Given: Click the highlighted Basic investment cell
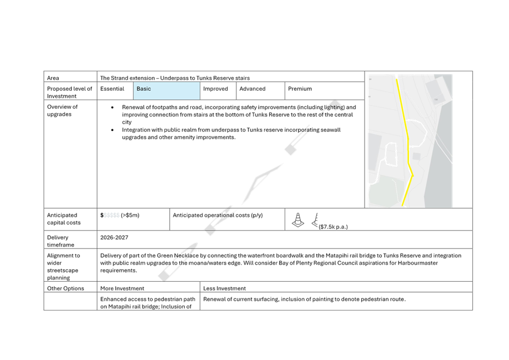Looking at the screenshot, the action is click(x=167, y=91).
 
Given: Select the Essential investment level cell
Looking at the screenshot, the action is click(x=115, y=91).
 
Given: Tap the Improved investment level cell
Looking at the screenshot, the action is click(x=218, y=91).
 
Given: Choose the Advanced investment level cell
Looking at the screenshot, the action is click(x=261, y=91).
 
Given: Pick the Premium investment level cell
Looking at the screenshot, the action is click(x=324, y=91).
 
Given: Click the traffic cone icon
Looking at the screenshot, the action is click(x=298, y=220).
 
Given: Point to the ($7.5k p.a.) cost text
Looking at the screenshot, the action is click(x=333, y=227).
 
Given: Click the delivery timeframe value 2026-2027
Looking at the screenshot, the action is click(x=114, y=238).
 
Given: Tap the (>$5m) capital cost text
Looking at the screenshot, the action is click(x=130, y=215).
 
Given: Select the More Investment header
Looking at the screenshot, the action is click(x=122, y=288).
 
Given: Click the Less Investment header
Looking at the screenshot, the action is click(x=224, y=288).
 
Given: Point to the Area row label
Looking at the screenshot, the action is click(x=53, y=78).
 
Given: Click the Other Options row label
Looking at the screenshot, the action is click(x=66, y=288).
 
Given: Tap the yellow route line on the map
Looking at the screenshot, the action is click(x=408, y=140).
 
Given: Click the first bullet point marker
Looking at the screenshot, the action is click(x=112, y=107).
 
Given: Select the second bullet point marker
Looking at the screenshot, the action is click(x=112, y=130).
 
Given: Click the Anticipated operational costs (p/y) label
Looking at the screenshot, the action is click(x=217, y=215).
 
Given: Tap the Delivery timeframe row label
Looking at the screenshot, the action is click(x=61, y=241).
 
